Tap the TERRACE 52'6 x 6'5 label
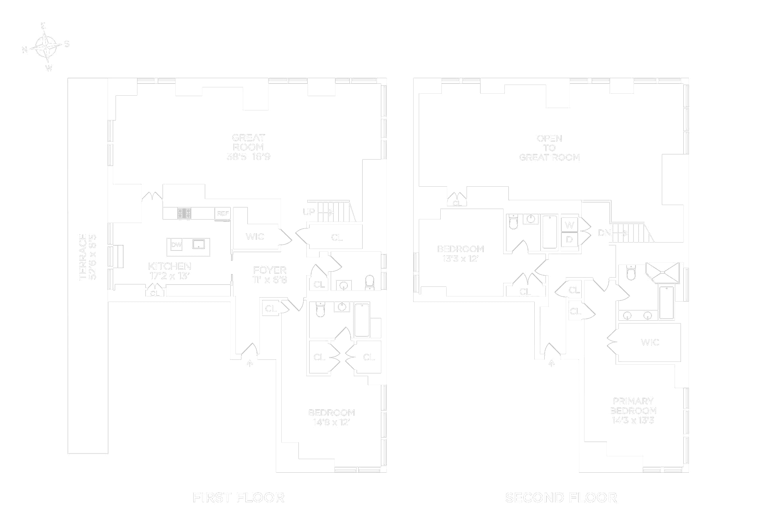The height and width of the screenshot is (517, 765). (87, 257)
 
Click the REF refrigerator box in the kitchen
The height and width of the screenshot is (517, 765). (223, 213)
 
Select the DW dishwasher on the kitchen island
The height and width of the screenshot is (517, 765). (176, 245)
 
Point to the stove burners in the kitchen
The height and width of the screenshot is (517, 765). (184, 213)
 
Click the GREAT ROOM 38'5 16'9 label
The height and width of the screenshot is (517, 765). (248, 147)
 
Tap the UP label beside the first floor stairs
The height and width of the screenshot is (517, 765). (309, 212)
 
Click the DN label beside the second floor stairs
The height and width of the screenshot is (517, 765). (604, 233)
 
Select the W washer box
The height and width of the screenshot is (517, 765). (569, 225)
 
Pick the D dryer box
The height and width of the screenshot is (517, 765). (569, 240)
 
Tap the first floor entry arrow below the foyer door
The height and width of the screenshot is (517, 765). (250, 363)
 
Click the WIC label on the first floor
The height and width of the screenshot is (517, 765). (255, 237)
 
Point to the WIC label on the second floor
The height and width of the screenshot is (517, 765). (650, 342)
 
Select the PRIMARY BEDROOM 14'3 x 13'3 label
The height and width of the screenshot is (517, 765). (633, 410)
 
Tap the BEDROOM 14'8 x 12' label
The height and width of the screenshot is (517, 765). (331, 417)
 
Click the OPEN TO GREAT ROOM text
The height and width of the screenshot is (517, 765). (549, 148)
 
